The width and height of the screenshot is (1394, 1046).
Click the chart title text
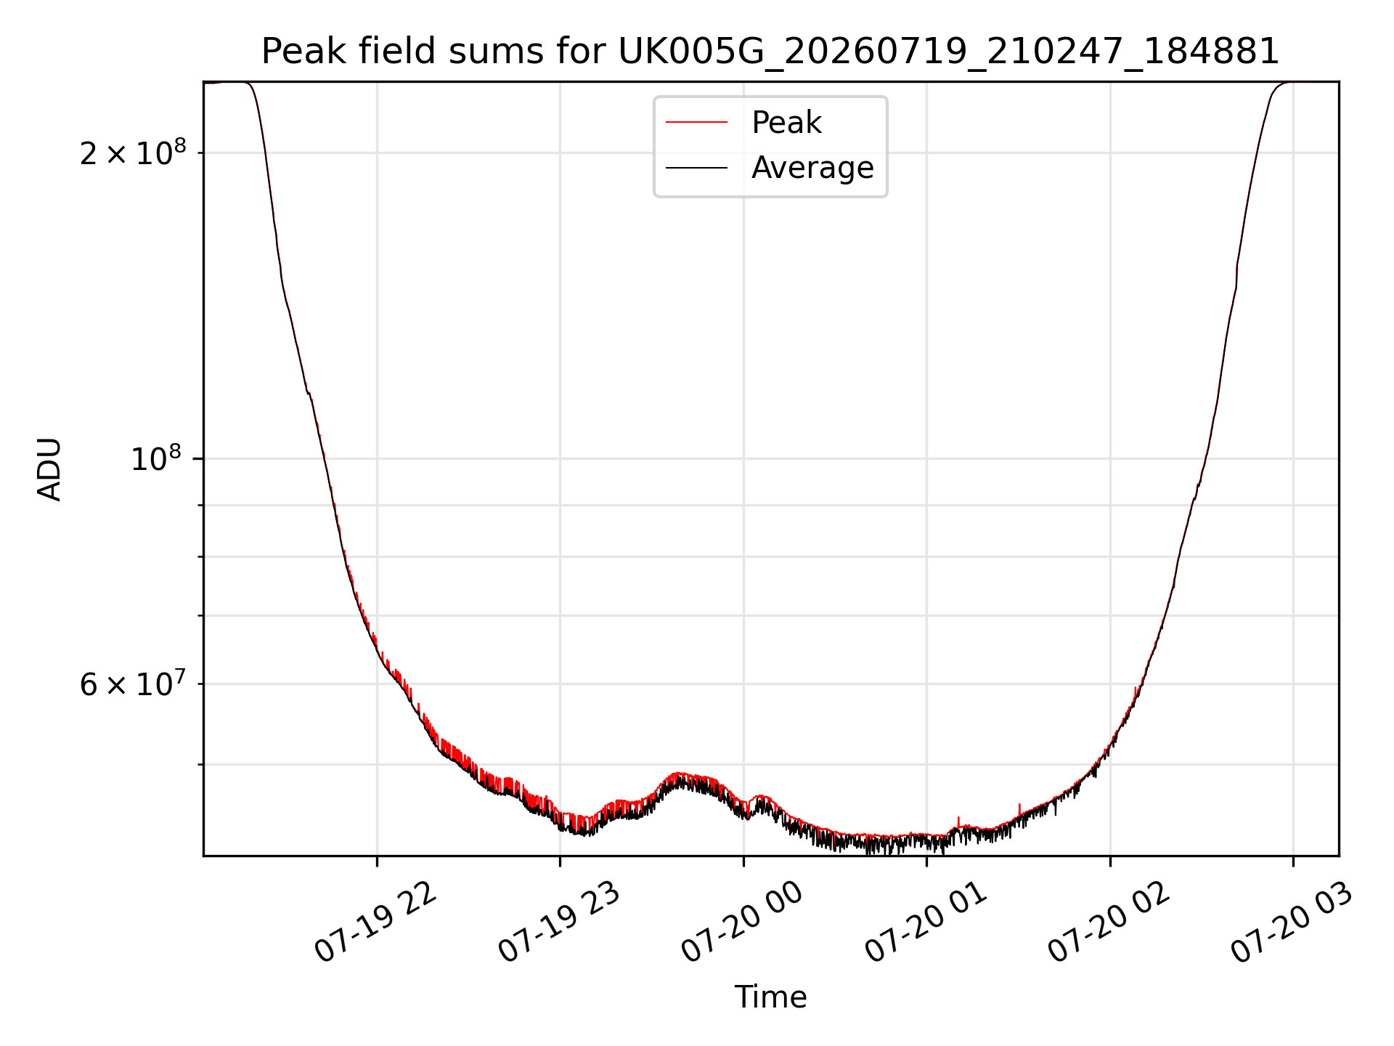point(770,52)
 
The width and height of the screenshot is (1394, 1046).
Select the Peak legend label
point(786,123)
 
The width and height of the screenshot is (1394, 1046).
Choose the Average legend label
point(812,169)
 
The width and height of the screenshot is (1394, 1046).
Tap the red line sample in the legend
point(696,122)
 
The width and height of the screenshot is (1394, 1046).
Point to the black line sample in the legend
point(696,168)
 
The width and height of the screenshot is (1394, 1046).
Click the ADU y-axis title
point(49,469)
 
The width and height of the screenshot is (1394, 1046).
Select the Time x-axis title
point(770,997)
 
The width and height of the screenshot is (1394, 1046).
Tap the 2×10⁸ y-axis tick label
point(133,153)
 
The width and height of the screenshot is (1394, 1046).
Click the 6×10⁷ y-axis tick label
point(133,684)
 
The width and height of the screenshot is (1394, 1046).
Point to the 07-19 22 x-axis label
point(375,923)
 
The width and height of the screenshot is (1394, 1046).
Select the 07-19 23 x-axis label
point(558,923)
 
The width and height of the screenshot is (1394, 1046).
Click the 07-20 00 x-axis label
point(742,923)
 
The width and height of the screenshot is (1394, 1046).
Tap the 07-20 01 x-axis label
point(926,923)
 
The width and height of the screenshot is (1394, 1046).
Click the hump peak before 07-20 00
point(679,774)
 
